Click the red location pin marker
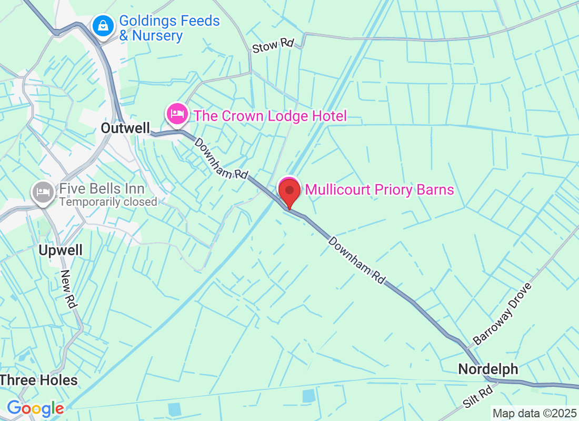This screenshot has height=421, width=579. point(289,193)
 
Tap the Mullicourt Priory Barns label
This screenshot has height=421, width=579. point(380,189)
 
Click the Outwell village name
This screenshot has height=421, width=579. point(125,128)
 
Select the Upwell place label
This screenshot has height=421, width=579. point(61,250)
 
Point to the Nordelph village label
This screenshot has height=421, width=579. point(488,369)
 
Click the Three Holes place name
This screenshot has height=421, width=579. point(39,380)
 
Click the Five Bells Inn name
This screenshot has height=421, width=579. point(102,188)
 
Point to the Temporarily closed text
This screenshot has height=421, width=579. point(108,202)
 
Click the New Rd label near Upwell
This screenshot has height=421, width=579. point(69,289)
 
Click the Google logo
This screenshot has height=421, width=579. point(35,408)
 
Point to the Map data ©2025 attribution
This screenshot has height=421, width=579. point(534,413)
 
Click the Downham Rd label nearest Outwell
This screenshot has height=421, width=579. point(221,158)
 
